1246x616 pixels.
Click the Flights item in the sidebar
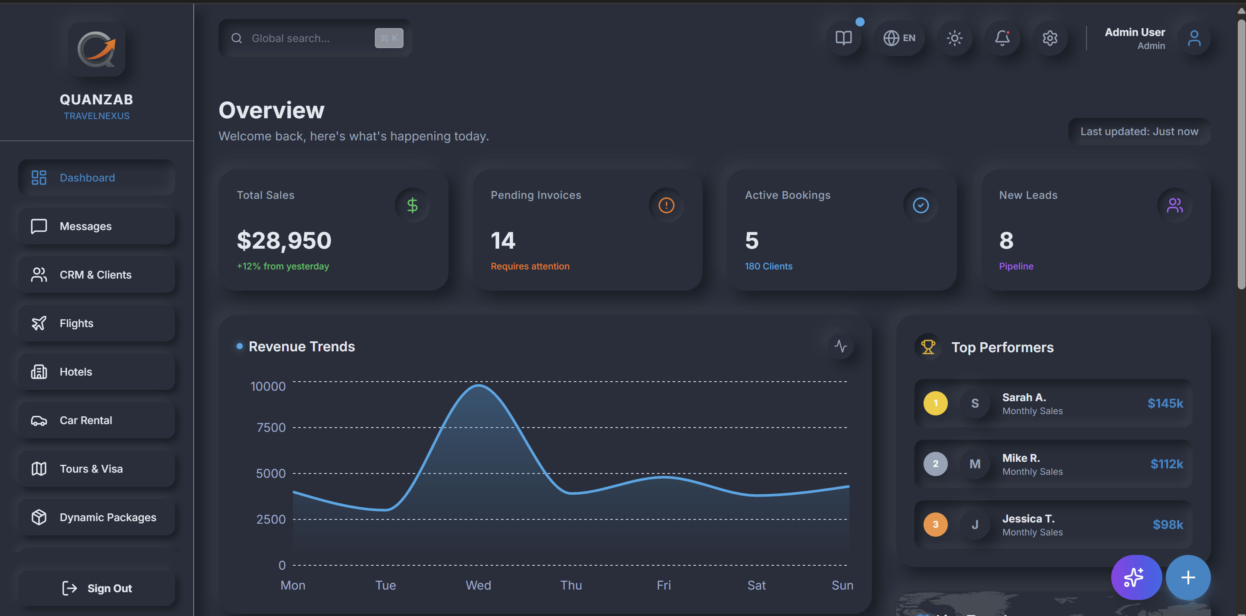(x=97, y=323)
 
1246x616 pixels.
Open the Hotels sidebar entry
(x=97, y=371)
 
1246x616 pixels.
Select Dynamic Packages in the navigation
(x=97, y=517)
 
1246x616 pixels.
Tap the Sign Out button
(x=97, y=588)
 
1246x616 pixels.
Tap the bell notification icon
(x=1002, y=38)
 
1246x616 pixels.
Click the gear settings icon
(x=1050, y=38)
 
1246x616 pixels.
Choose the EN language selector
(x=899, y=38)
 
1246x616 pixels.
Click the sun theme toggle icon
(x=954, y=38)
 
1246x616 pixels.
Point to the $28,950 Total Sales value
(x=284, y=240)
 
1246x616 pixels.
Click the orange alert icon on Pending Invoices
(x=666, y=205)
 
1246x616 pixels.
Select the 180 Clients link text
(x=768, y=266)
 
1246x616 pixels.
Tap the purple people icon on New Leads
(x=1174, y=205)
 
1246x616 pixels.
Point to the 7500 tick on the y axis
(x=271, y=428)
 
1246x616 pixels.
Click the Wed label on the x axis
(x=478, y=585)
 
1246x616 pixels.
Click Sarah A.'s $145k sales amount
(x=1165, y=403)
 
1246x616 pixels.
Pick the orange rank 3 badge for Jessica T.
(x=935, y=524)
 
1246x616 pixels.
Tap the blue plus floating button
(x=1188, y=577)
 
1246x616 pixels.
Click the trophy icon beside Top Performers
(x=928, y=347)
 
